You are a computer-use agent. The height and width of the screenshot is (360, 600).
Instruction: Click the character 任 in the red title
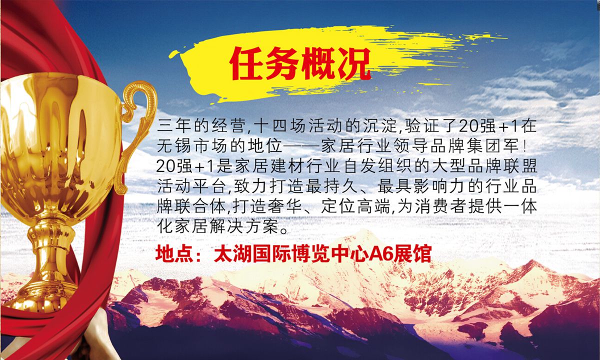(246, 64)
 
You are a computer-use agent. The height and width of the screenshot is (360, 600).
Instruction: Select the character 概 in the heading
(318, 64)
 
